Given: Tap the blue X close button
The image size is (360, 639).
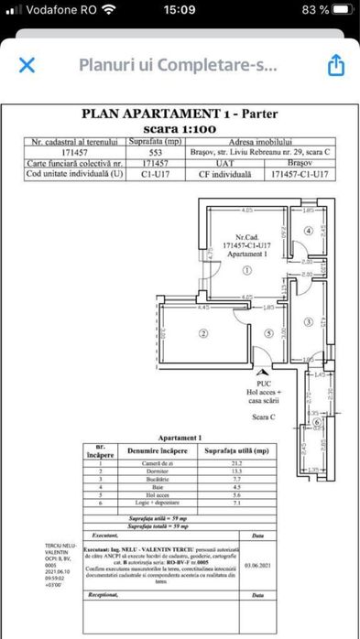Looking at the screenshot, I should [27, 65].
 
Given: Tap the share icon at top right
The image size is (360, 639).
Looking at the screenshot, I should [335, 65].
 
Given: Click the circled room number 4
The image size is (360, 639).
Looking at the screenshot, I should [309, 231].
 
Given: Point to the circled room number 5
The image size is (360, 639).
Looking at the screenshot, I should [268, 332].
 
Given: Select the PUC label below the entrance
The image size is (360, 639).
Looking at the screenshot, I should [264, 384].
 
